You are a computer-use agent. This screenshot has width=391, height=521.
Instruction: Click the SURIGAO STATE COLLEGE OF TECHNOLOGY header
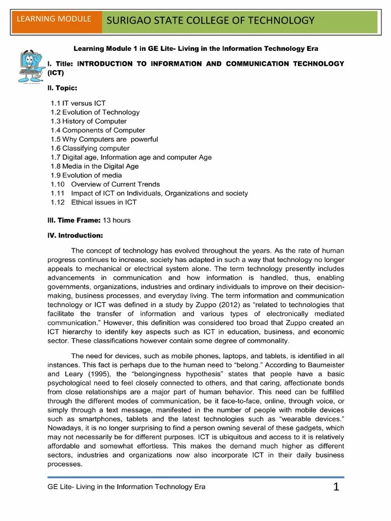tap(210, 20)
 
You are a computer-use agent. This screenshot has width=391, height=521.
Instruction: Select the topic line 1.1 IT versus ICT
tap(78, 103)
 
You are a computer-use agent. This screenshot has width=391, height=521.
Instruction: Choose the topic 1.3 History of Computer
tap(89, 121)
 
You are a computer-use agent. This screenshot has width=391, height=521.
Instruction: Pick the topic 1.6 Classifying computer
tap(90, 148)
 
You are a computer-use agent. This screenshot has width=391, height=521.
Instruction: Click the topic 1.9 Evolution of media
tap(86, 175)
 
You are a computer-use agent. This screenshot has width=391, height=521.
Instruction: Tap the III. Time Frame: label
tap(74, 220)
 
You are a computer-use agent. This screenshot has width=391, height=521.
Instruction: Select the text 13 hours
tap(117, 220)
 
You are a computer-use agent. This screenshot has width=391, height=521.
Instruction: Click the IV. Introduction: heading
tap(75, 236)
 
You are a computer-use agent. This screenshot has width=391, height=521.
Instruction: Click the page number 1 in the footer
tap(336, 487)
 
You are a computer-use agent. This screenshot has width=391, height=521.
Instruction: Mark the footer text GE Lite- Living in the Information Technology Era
tap(126, 487)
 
